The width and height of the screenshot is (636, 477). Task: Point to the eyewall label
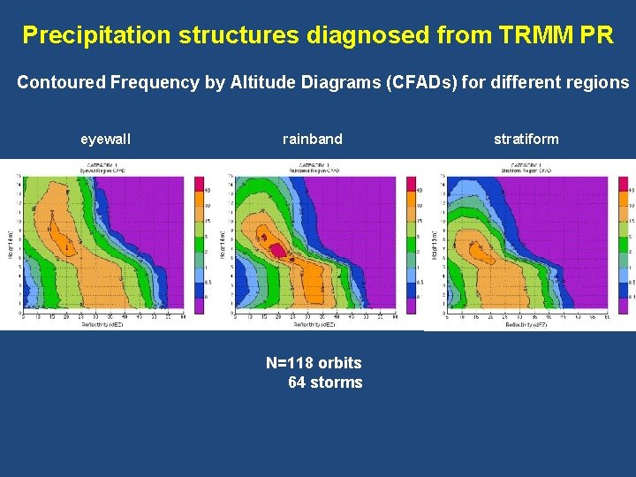point(105,140)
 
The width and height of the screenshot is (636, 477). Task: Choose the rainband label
point(313,140)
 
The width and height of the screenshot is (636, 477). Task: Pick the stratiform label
point(526,140)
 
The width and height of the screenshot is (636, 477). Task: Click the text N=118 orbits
point(314,363)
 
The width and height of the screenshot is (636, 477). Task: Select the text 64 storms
point(325,382)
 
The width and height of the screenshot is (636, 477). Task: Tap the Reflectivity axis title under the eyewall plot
point(102,323)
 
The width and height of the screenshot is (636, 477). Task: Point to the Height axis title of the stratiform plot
point(435,244)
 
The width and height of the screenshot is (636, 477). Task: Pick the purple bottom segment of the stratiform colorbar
point(623,305)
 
